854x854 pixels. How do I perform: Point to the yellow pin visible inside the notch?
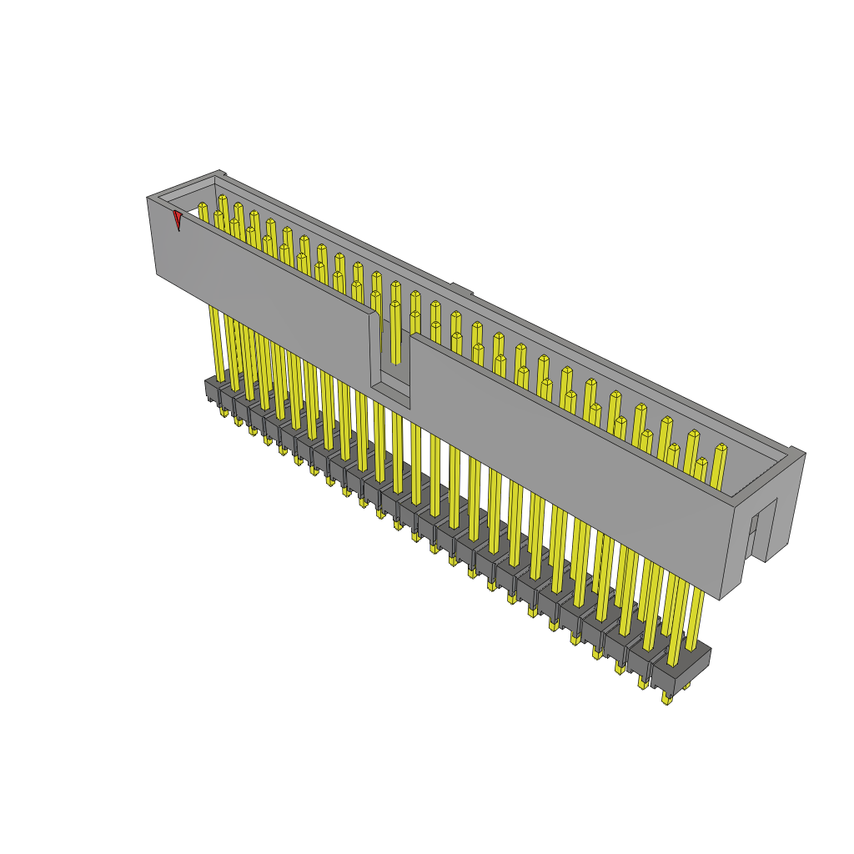click(x=395, y=334)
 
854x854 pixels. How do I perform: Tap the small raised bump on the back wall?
click(x=462, y=289)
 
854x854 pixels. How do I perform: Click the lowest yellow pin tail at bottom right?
click(x=666, y=697)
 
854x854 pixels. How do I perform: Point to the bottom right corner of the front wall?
click(x=720, y=599)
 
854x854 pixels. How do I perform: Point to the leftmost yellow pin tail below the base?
click(x=224, y=411)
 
